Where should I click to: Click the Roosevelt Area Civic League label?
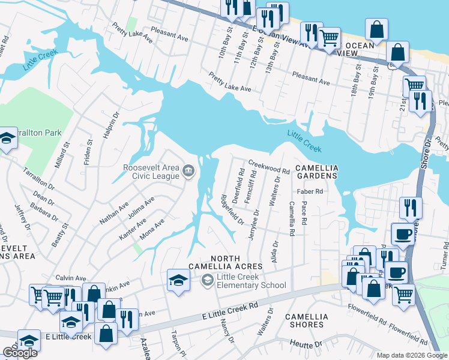[151, 172]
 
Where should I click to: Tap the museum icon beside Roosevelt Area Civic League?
[188, 172]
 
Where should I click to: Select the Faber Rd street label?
[310, 192]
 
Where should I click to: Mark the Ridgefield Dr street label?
[232, 209]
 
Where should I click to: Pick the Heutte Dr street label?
[306, 345]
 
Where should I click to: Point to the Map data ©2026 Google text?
[411, 355]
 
